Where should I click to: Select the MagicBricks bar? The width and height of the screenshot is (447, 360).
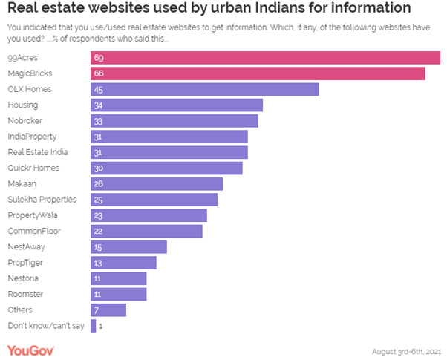(x=258, y=73)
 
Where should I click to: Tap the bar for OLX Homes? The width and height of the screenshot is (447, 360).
(x=204, y=89)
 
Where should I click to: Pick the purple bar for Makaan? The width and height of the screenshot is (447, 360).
(x=157, y=183)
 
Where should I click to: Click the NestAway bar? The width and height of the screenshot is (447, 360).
(x=128, y=246)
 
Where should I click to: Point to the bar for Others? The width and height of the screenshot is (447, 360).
(x=108, y=310)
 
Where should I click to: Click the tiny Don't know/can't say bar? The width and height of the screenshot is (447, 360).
(x=94, y=325)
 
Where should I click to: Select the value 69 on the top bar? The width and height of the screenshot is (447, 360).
(x=98, y=58)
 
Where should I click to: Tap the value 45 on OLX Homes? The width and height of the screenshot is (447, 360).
(x=98, y=89)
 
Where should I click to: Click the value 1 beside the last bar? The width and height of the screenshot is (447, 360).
(x=101, y=325)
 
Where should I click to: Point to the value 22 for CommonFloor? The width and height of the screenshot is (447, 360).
(x=98, y=231)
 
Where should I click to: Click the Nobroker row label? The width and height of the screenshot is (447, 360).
(x=24, y=121)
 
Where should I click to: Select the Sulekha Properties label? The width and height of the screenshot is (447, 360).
(x=42, y=200)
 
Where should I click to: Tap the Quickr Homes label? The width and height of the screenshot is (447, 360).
(x=33, y=168)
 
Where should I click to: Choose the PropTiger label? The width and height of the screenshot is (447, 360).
(x=24, y=262)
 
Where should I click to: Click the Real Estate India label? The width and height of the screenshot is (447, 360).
(x=37, y=152)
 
